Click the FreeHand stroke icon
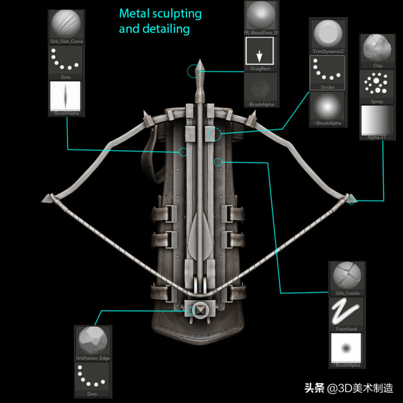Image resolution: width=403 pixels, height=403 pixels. coord(346,310)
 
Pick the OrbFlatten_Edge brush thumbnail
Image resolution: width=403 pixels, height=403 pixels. coord(93,341)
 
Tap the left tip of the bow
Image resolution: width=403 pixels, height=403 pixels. coord(46,200)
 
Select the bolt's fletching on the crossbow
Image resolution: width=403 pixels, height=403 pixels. coord(201,232)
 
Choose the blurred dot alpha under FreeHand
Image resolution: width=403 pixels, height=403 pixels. coord(346,347)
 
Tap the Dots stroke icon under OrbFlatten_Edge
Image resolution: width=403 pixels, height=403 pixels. coord(93,377)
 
